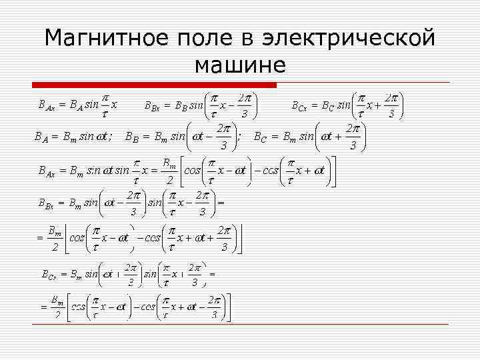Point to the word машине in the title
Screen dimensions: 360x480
(240, 65)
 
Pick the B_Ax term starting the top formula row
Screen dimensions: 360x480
(47, 105)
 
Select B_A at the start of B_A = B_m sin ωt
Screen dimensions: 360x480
(41, 137)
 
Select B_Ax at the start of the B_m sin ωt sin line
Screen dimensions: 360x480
(47, 171)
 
